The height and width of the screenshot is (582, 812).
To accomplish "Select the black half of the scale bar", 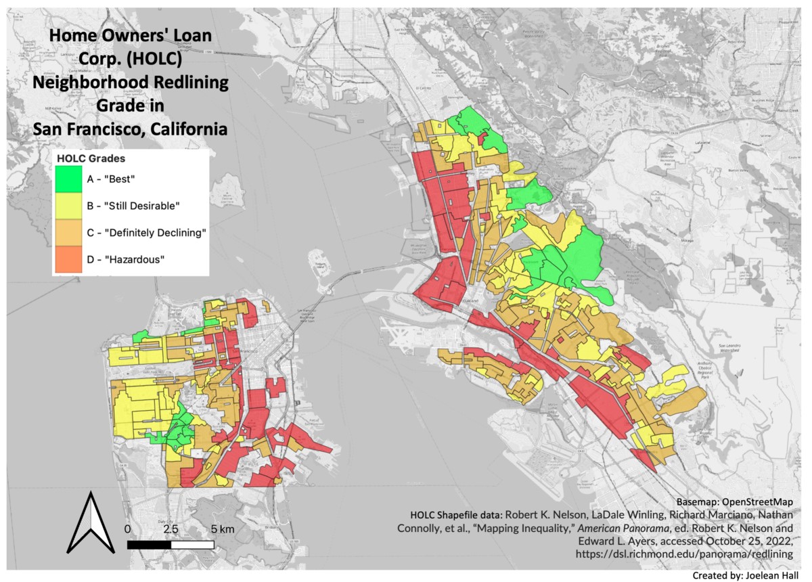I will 149,544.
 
